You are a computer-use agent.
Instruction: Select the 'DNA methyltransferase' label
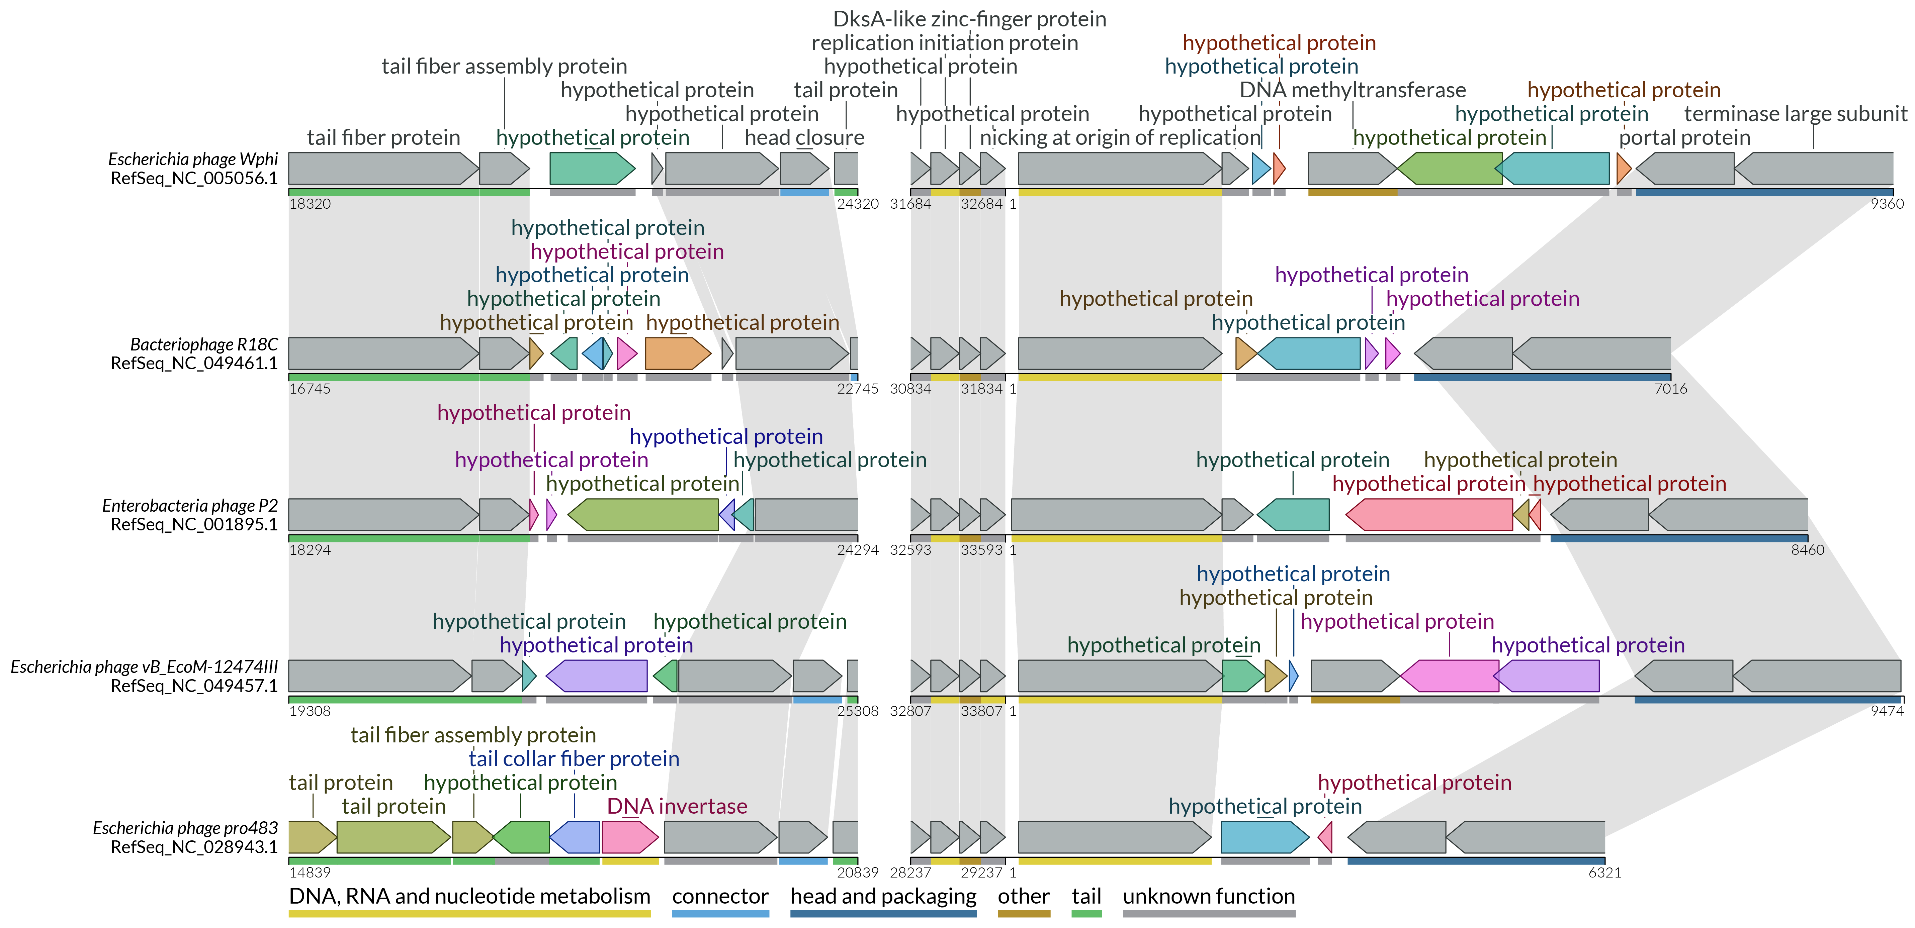(x=1352, y=90)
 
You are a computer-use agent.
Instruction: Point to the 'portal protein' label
(x=1684, y=137)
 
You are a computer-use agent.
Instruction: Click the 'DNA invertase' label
(x=677, y=806)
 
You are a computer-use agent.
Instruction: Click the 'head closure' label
(x=804, y=137)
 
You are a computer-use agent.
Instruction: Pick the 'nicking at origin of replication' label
(x=1120, y=137)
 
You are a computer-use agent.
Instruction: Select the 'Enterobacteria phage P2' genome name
(x=190, y=505)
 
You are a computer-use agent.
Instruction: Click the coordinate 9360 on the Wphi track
(x=1887, y=204)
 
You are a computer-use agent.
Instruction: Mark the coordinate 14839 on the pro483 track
(x=310, y=872)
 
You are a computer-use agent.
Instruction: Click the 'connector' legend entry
(x=720, y=897)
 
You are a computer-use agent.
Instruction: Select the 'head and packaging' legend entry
(x=883, y=897)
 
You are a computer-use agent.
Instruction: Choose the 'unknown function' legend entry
(x=1209, y=897)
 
